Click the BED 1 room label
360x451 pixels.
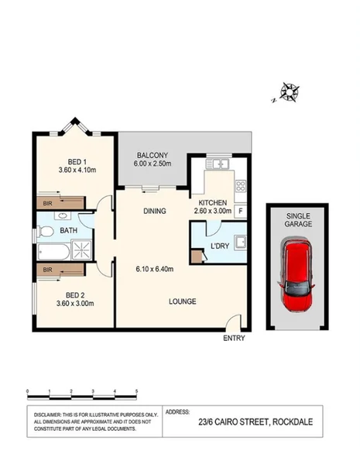coord(74,162)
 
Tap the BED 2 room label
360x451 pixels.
coord(74,294)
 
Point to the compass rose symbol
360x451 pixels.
coord(290,93)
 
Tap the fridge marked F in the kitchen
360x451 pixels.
coord(241,211)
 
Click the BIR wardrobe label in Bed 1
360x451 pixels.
coord(47,203)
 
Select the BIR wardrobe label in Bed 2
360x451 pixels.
coord(47,269)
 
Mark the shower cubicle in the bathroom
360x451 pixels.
coord(81,250)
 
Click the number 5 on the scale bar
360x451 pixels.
coord(137,391)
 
